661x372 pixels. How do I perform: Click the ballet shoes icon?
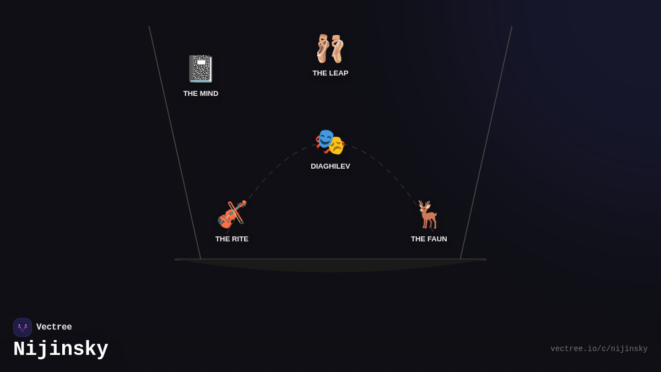pyautogui.click(x=330, y=48)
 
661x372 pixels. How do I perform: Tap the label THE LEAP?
pyautogui.click(x=330, y=73)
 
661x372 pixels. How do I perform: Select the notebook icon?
pyautogui.click(x=201, y=68)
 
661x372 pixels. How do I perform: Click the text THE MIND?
pyautogui.click(x=201, y=93)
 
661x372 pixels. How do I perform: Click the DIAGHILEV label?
pyautogui.click(x=330, y=166)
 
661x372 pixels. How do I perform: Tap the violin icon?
pyautogui.click(x=232, y=214)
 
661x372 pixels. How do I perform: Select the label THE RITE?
pyautogui.click(x=232, y=239)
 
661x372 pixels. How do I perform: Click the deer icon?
pyautogui.click(x=428, y=214)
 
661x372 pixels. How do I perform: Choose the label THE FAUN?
pyautogui.click(x=429, y=239)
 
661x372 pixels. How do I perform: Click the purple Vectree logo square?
pyautogui.click(x=23, y=327)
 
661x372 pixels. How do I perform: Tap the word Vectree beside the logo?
pyautogui.click(x=54, y=327)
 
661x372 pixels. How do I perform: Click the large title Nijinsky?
pyautogui.click(x=61, y=349)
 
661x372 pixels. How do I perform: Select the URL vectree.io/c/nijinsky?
pyautogui.click(x=599, y=349)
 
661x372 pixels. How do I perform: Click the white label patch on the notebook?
pyautogui.click(x=201, y=62)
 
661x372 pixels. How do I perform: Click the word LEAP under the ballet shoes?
pyautogui.click(x=338, y=73)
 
